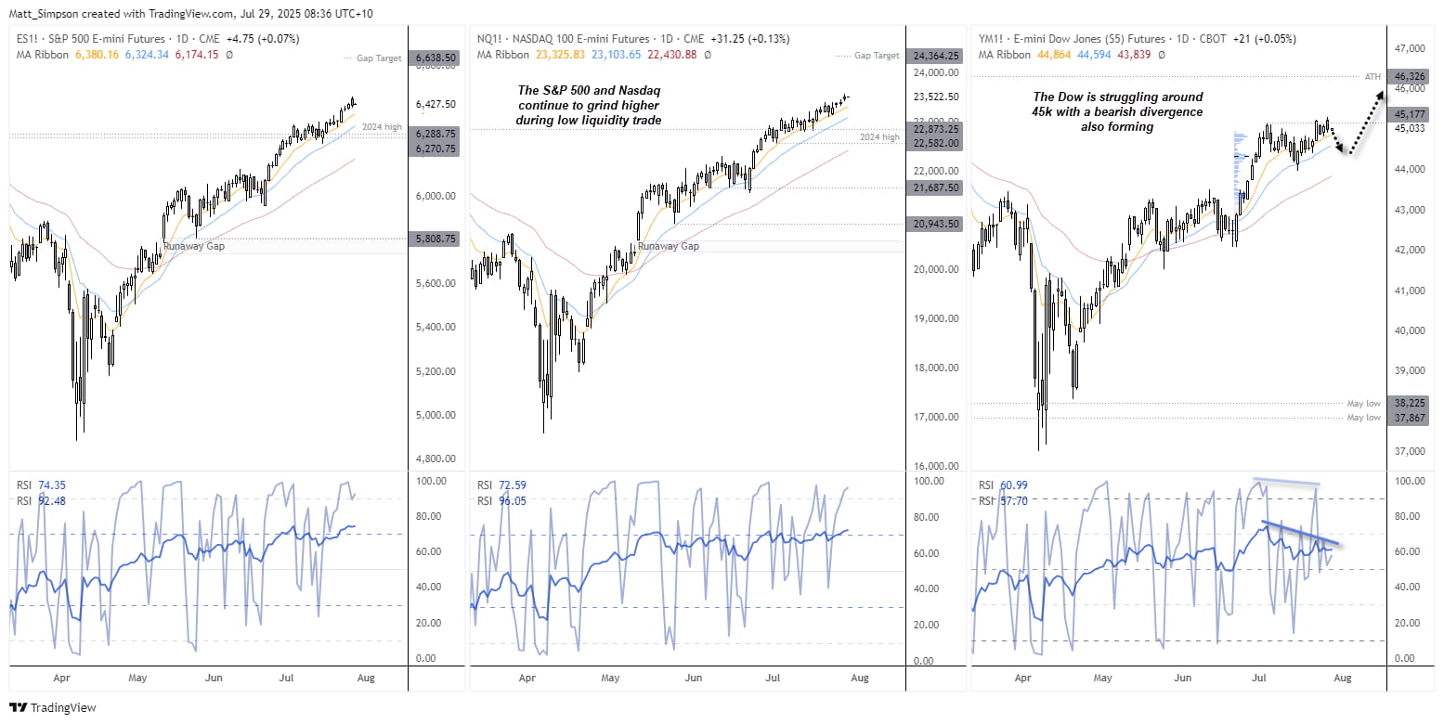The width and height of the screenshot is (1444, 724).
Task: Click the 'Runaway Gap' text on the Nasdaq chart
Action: [668, 246]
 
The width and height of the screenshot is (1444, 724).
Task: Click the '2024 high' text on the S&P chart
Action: [384, 126]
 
